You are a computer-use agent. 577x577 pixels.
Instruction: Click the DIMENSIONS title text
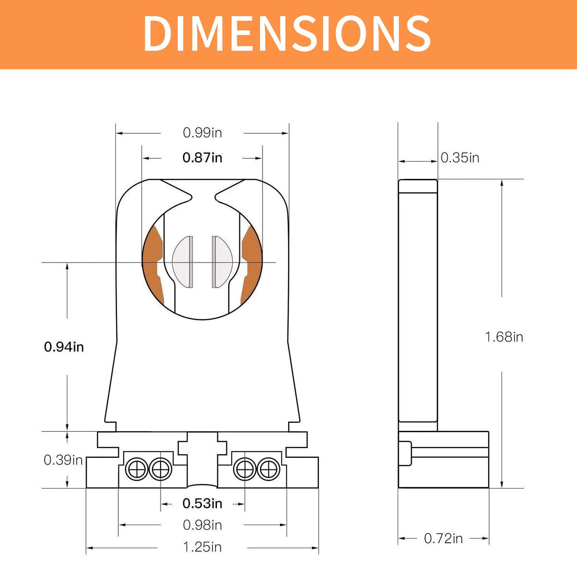tap(287, 33)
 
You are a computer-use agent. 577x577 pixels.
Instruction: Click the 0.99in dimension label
tap(202, 133)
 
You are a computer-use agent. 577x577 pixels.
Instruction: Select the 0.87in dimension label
tap(202, 158)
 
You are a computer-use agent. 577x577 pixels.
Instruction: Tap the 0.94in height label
tap(64, 347)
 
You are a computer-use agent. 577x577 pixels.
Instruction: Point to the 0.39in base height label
tap(63, 460)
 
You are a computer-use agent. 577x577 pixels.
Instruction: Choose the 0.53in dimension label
tap(202, 503)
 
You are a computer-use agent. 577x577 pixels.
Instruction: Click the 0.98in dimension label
tap(202, 525)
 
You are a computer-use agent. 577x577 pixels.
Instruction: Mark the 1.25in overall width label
tap(202, 547)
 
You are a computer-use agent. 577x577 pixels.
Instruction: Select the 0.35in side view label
tap(460, 158)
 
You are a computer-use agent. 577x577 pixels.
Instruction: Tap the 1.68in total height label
tap(504, 337)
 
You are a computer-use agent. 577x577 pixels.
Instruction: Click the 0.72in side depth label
tap(443, 539)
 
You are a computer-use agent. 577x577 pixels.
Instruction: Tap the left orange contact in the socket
tap(154, 264)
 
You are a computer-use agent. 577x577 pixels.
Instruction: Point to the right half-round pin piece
tap(222, 262)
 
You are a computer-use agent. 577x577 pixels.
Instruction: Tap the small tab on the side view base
tap(405, 453)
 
